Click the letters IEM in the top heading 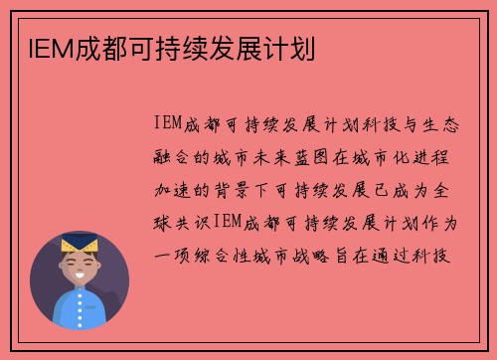(41, 48)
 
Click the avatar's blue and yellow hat (80, 243)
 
